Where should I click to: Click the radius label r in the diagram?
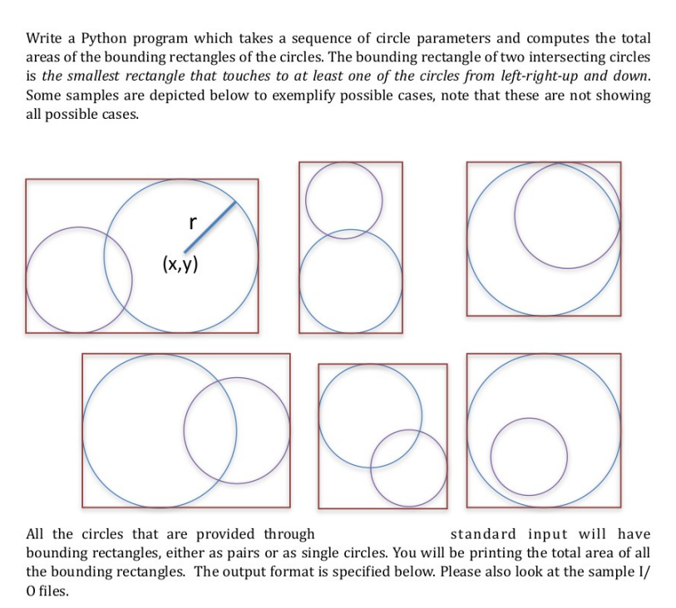pyautogui.click(x=192, y=222)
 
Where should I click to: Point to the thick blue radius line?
pyautogui.click(x=210, y=225)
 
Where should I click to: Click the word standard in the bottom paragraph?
pyautogui.click(x=485, y=534)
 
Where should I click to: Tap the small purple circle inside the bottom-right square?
pyautogui.click(x=529, y=455)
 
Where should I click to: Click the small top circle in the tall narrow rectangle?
pyautogui.click(x=344, y=199)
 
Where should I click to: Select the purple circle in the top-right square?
pyautogui.click(x=567, y=213)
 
